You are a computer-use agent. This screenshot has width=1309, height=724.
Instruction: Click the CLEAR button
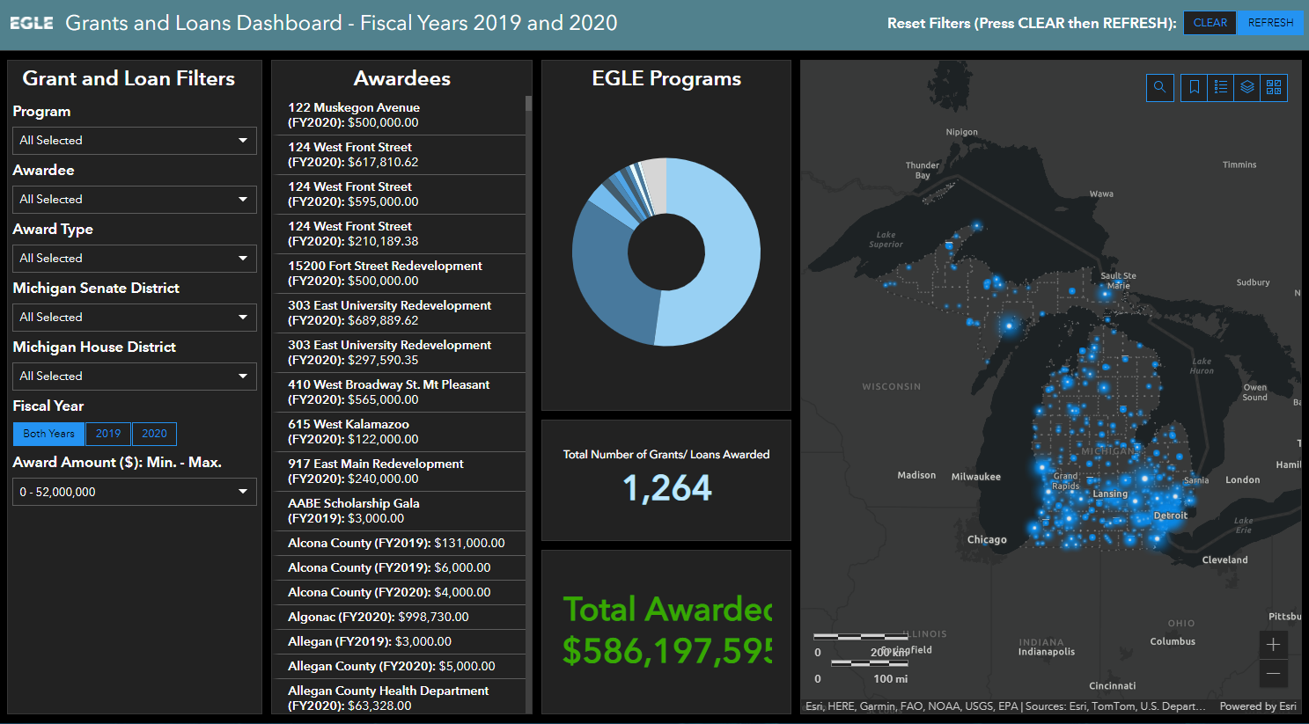tap(1210, 23)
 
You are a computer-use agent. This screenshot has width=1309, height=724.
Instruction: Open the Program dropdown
tap(134, 141)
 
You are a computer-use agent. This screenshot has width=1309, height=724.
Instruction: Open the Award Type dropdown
tap(134, 259)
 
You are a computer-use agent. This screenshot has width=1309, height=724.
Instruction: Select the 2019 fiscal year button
tap(108, 434)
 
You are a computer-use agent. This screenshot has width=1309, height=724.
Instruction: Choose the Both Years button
tap(48, 434)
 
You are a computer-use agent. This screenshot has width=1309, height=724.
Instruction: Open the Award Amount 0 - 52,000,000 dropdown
tap(134, 492)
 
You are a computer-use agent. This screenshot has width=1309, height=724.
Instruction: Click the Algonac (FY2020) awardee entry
tap(379, 617)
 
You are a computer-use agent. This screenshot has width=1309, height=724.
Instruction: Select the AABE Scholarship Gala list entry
tap(354, 510)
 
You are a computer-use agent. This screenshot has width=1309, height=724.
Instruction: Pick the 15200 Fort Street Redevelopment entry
tap(385, 273)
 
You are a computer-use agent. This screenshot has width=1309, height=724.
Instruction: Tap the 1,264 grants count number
tap(666, 488)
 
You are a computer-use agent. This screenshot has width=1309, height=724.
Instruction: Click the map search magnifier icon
tap(1159, 87)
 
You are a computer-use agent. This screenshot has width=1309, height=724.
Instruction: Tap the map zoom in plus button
tap(1273, 645)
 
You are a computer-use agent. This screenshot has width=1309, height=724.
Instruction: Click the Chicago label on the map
tap(987, 539)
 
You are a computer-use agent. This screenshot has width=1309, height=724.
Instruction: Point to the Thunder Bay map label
tap(923, 170)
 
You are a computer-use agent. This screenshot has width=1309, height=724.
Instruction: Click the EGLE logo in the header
tap(32, 23)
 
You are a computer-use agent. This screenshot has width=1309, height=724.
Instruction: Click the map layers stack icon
tap(1246, 87)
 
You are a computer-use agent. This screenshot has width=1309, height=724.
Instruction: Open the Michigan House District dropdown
tap(134, 377)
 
